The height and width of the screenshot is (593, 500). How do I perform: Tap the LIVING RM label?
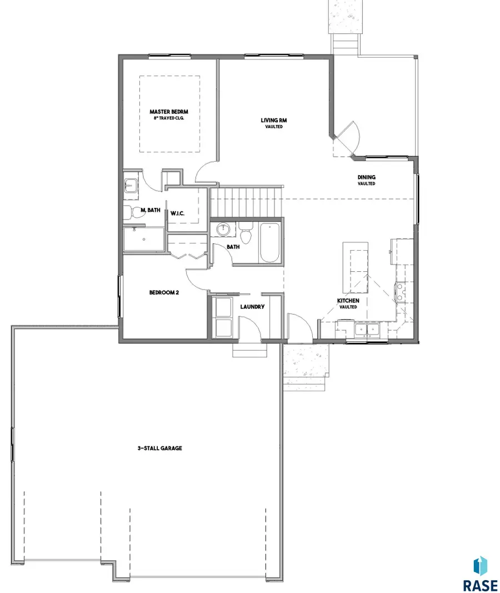274,120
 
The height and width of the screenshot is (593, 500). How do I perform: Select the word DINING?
366,178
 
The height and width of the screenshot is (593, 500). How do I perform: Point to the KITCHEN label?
348,301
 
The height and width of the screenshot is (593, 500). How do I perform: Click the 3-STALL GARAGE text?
161,448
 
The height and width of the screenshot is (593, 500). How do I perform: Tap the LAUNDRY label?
252,307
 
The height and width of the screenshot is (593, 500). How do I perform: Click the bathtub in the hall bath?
270,242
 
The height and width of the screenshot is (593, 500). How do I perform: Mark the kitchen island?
356,267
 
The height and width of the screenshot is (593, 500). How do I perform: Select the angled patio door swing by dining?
347,139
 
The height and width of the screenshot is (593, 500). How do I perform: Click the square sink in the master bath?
131,185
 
